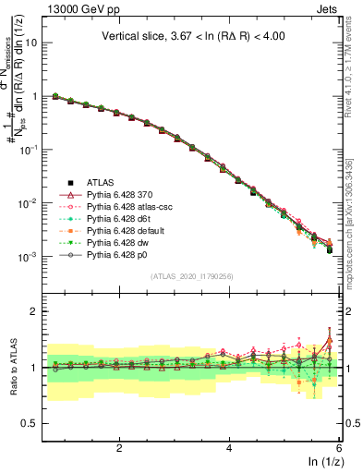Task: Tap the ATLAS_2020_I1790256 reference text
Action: click(192, 275)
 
